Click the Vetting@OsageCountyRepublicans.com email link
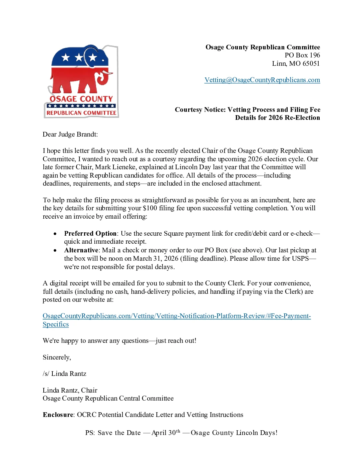tap(262, 80)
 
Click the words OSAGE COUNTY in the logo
tap(81, 99)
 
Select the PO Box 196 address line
tap(302, 55)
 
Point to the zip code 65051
tap(311, 64)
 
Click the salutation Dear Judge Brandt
tap(70, 135)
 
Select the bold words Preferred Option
tap(90, 234)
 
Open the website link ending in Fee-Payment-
tap(177, 316)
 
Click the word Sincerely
tap(57, 358)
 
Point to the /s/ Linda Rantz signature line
tap(64, 374)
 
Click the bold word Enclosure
tap(58, 415)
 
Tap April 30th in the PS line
tap(166, 433)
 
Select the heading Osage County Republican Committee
tap(263, 47)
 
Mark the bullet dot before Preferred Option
tap(55, 234)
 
